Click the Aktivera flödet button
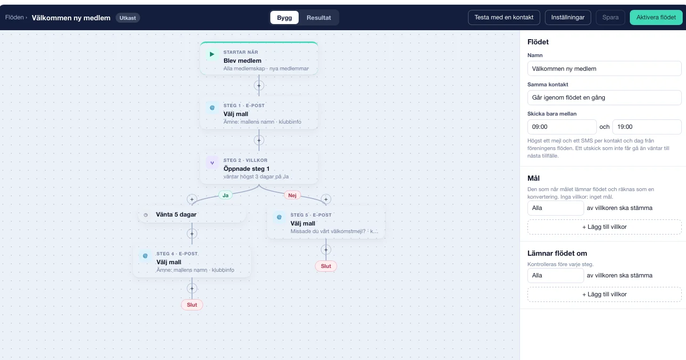[656, 17]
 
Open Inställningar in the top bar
[568, 17]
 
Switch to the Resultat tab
[318, 18]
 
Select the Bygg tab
[284, 18]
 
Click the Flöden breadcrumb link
[15, 17]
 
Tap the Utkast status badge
[127, 18]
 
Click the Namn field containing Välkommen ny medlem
[604, 68]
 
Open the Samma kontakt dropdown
[604, 97]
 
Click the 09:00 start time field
[561, 127]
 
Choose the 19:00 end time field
[647, 127]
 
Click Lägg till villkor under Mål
[604, 227]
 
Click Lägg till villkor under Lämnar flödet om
[604, 294]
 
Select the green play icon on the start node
[212, 55]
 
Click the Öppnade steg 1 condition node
[259, 168]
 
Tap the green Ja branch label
[226, 195]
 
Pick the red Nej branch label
[292, 195]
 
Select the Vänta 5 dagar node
[192, 215]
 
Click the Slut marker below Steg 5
[326, 266]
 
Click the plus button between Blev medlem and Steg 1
[259, 85]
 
